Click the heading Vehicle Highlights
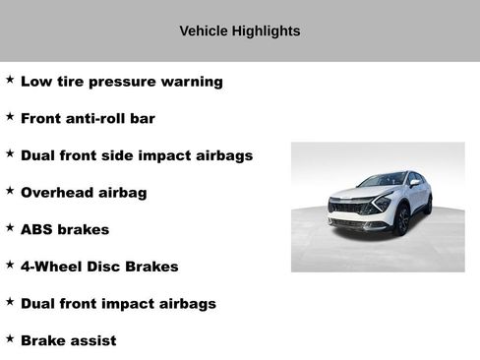click(x=239, y=31)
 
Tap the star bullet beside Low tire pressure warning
click(x=10, y=80)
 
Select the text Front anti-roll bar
click(x=88, y=119)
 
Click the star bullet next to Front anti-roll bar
click(x=10, y=117)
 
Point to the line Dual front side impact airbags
click(x=137, y=155)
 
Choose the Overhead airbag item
click(x=84, y=193)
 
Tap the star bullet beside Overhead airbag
click(x=10, y=191)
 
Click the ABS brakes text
click(x=65, y=230)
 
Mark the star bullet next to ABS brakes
click(x=10, y=228)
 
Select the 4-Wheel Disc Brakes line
click(x=99, y=267)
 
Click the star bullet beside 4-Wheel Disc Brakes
click(x=10, y=265)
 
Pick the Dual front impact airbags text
click(x=118, y=304)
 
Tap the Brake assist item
click(x=68, y=341)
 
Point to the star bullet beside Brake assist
click(x=10, y=338)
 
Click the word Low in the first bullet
click(x=35, y=82)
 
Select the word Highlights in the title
click(x=266, y=31)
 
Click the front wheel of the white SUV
click(x=402, y=220)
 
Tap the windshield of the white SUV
click(x=383, y=180)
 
